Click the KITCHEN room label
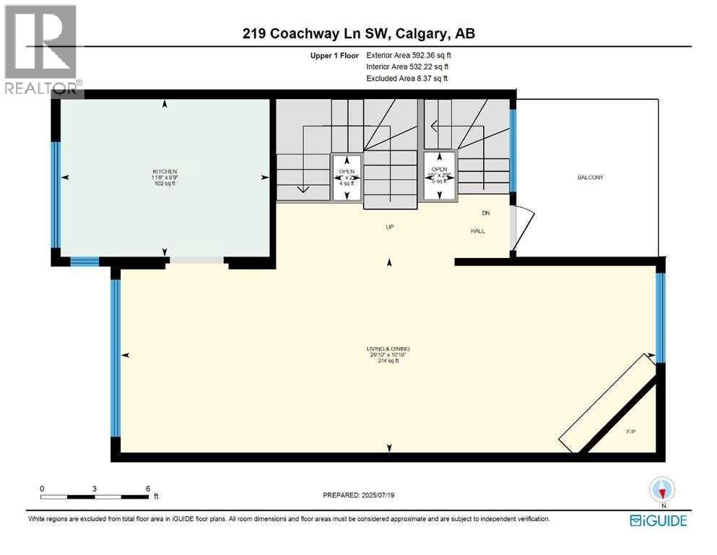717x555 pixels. click(165, 171)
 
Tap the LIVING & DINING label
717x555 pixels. click(388, 349)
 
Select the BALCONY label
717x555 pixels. click(590, 178)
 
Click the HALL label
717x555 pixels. click(478, 231)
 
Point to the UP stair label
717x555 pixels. click(389, 227)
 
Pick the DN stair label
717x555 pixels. click(486, 213)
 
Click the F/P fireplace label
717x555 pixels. click(630, 431)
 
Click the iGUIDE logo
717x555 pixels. click(658, 520)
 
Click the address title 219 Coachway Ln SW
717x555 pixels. click(357, 33)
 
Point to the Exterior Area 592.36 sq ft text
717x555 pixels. click(410, 55)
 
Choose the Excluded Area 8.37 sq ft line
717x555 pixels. click(407, 78)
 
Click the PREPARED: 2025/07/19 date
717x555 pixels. click(359, 496)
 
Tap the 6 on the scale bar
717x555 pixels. click(147, 489)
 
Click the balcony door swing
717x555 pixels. click(521, 228)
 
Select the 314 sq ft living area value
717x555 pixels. click(388, 361)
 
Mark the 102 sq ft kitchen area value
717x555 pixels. click(165, 184)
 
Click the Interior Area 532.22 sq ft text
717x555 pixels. click(409, 66)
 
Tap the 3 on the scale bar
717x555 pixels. click(95, 489)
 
